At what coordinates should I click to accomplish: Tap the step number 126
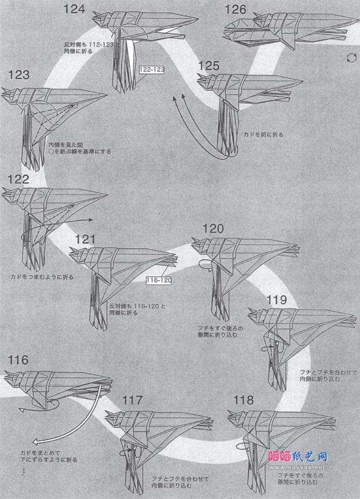pos(235,9)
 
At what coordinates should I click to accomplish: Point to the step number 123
pos(19,75)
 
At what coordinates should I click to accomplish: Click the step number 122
pos(19,179)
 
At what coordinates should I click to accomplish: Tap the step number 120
pos(213,228)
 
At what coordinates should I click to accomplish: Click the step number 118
pos(243,400)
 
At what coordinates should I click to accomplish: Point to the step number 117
pos(132,400)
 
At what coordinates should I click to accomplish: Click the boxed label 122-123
pos(152,70)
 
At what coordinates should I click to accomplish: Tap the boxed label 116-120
pos(159,280)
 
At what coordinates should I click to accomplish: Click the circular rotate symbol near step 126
pos(351,57)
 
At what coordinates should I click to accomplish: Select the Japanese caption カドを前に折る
pos(263,135)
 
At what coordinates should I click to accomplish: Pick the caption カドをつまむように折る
pos(42,277)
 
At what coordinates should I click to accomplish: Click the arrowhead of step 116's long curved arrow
pos(34,439)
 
